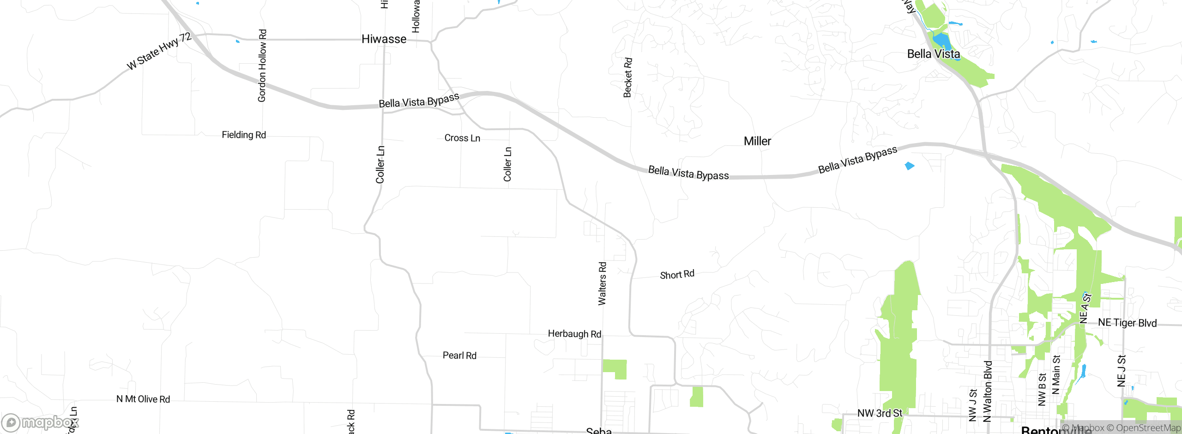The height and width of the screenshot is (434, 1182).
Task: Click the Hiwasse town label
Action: tap(384, 39)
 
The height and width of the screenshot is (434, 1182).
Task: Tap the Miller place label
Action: tap(757, 141)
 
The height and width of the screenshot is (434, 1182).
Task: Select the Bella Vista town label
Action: tap(933, 54)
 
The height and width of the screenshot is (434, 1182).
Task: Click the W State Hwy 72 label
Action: tap(159, 51)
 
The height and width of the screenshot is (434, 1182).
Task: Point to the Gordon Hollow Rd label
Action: tap(262, 66)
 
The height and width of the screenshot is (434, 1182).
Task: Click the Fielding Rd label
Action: tap(244, 135)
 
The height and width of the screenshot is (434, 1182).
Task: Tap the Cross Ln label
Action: tap(462, 138)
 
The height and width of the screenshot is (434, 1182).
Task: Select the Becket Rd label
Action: tap(627, 78)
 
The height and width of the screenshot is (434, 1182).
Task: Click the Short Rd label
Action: tap(677, 275)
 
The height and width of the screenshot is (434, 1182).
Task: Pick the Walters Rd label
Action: tap(602, 283)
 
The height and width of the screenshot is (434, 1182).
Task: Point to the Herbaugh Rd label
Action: tap(574, 334)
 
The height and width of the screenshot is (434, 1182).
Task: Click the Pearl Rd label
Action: tap(459, 356)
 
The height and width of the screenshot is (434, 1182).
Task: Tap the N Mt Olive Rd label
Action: tap(143, 399)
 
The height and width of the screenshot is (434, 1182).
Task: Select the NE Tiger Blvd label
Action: tap(1127, 323)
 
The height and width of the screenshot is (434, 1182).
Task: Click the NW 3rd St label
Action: tap(880, 413)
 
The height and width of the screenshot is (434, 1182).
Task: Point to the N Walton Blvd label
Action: tap(987, 392)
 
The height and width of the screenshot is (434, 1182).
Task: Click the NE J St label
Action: tap(1121, 371)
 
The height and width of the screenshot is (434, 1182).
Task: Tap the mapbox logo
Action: tap(41, 422)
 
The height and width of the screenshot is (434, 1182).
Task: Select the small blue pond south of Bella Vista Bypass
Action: tap(910, 166)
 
